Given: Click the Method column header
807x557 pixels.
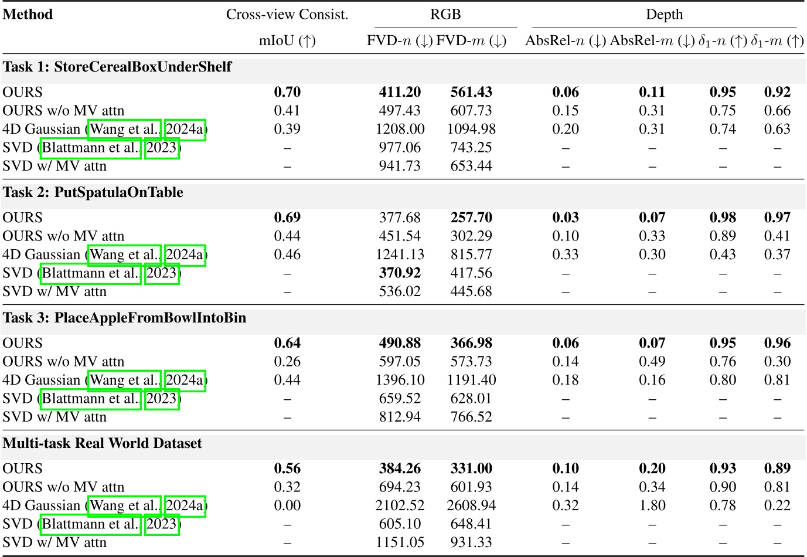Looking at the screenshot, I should coord(28,14).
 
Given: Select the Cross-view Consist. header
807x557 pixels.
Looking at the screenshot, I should coord(287,14).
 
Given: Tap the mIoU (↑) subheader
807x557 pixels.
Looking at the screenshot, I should coord(287,40).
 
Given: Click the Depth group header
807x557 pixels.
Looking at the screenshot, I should coord(664,14).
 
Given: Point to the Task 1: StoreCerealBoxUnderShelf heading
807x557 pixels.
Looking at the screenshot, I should coord(117,67).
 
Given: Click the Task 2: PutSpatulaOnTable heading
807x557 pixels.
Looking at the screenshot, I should coord(93,192).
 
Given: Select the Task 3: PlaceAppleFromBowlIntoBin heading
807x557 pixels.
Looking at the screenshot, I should coord(124,318).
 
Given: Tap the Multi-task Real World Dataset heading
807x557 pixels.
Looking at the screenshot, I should coord(103,443).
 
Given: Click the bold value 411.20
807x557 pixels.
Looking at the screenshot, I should coord(400,92).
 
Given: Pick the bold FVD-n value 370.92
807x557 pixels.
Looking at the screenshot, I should coord(400,273).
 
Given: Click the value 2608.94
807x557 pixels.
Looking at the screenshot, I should coord(471,505).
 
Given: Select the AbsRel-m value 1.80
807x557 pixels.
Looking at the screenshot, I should coord(652,505).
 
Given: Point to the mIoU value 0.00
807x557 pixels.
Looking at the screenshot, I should coord(287,505).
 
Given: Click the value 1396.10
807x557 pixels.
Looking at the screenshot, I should coord(400,380).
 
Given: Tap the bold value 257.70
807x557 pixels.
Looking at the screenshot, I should coord(471,218).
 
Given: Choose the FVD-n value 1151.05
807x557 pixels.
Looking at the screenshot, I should coord(400,542).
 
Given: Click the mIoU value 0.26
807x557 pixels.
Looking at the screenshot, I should coord(287,362).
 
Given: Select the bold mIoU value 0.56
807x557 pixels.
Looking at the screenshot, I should coord(287,468).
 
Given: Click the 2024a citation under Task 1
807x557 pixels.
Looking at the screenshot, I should coord(185,129).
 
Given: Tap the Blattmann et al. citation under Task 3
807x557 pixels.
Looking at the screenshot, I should coord(91,399).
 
